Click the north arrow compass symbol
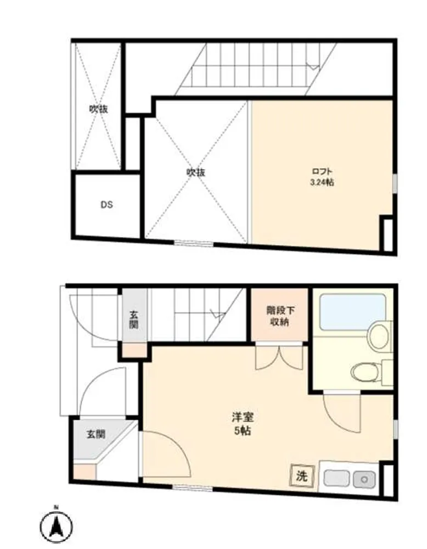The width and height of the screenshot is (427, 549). [x=56, y=525]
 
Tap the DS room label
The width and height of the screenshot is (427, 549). [x=106, y=205]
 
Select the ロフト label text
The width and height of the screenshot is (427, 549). [x=322, y=171]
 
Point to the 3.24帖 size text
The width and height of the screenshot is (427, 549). [x=322, y=182]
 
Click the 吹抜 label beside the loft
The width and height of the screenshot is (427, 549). [x=195, y=172]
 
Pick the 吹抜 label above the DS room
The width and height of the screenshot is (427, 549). [x=98, y=109]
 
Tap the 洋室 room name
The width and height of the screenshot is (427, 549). [x=243, y=417]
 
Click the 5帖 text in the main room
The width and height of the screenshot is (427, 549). [x=243, y=430]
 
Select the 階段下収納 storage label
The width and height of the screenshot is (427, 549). [x=280, y=316]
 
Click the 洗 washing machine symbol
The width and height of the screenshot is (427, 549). [x=302, y=476]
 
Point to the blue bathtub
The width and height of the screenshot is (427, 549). [x=353, y=312]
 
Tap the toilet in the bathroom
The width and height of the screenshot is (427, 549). [x=366, y=372]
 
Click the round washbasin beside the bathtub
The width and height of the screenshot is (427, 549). [x=379, y=334]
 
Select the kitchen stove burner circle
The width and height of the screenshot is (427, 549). [x=364, y=479]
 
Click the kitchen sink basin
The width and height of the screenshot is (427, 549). [x=336, y=478]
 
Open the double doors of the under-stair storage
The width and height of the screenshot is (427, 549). [x=279, y=357]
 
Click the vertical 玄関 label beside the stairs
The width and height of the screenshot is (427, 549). [x=134, y=320]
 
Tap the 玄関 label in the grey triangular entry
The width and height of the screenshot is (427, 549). [x=96, y=434]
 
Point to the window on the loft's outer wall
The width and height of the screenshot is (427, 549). [x=395, y=183]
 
